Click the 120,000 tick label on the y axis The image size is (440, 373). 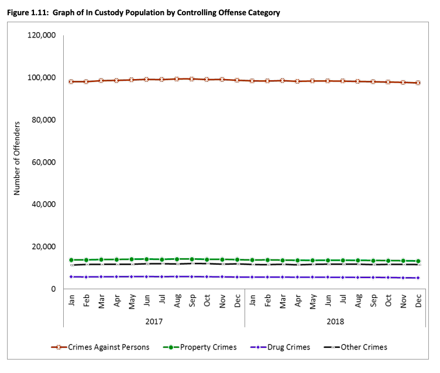(x=42, y=35)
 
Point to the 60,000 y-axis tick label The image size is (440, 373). (x=43, y=162)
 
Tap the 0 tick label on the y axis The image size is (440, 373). (x=53, y=289)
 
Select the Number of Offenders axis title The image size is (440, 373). (x=17, y=158)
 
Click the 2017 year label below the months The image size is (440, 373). (x=154, y=321)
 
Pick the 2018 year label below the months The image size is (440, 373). (x=336, y=321)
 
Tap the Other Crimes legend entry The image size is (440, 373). (x=363, y=347)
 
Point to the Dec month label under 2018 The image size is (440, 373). (x=419, y=300)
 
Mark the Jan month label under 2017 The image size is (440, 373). (x=71, y=300)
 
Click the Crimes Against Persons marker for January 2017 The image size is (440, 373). (x=71, y=81)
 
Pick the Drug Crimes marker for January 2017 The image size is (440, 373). (x=71, y=276)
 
